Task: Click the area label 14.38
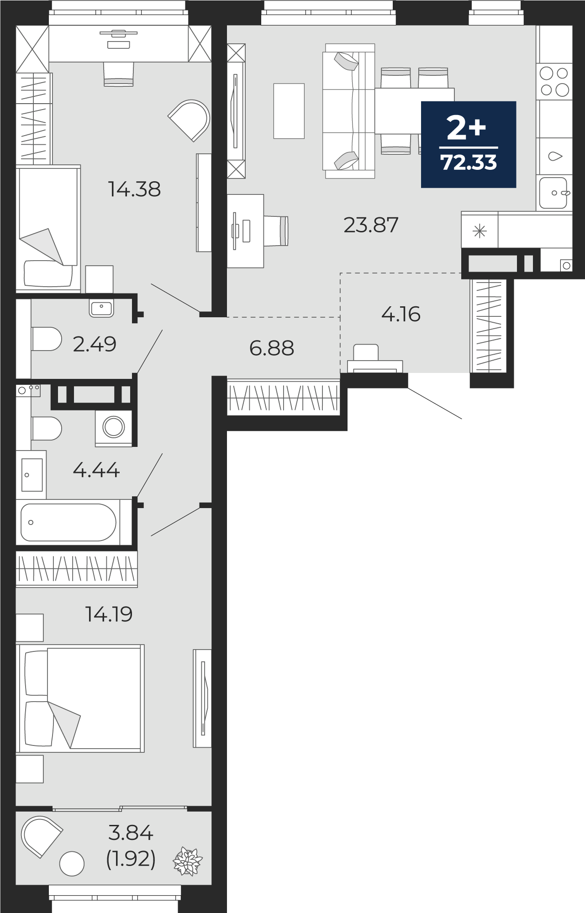tap(134, 189)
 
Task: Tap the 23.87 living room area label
tap(371, 225)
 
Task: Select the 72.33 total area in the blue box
tap(469, 163)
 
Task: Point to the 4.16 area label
tap(401, 314)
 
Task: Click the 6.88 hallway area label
tap(272, 348)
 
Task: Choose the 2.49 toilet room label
tap(95, 344)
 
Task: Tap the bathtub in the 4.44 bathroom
tap(69, 522)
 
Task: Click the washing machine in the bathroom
tap(114, 428)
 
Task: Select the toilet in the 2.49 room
tap(46, 339)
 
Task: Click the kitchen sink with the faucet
tap(554, 193)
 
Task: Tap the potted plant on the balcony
tap(187, 861)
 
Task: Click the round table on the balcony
tap(72, 863)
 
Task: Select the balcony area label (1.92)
tap(131, 860)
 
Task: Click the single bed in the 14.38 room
tap(47, 228)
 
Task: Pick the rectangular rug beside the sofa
tap(289, 111)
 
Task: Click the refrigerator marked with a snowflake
tap(480, 231)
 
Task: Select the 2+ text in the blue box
tap(466, 128)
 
